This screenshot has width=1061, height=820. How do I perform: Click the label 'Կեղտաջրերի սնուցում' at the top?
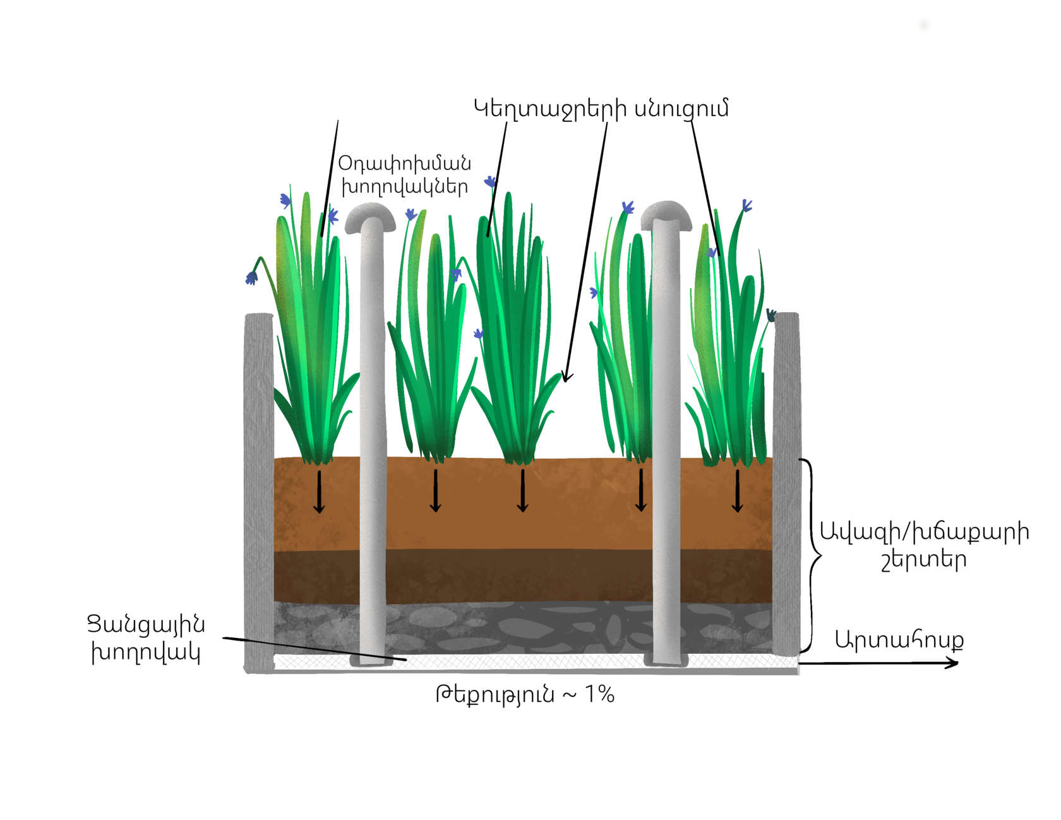[x=601, y=109]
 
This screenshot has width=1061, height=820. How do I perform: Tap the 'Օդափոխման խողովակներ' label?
[x=404, y=175]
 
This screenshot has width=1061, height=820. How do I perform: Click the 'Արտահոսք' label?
[x=899, y=640]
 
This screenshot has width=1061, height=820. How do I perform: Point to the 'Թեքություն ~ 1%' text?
[x=524, y=695]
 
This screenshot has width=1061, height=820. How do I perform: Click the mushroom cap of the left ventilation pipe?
[x=370, y=217]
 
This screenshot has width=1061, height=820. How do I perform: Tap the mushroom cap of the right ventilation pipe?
[x=666, y=214]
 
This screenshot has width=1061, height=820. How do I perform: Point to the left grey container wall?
[x=258, y=493]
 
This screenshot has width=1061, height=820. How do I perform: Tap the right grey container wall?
[x=787, y=480]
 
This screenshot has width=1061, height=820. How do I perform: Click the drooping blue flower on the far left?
[x=251, y=277]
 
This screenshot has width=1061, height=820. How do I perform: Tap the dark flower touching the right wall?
[x=770, y=315]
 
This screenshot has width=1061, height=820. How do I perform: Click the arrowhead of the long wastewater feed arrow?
[x=566, y=377]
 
